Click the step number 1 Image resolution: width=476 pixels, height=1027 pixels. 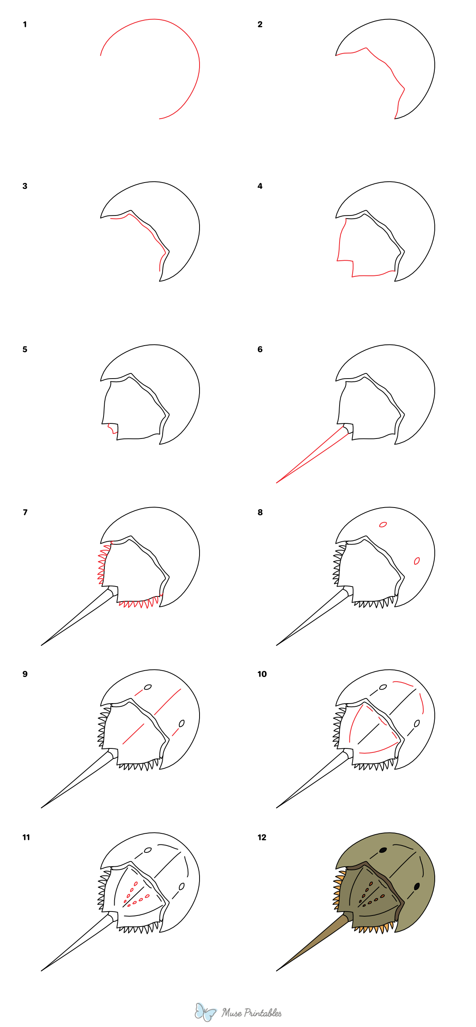[x=25, y=24]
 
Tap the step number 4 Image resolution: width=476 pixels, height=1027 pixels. [x=260, y=186]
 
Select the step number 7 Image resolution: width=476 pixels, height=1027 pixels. [x=25, y=512]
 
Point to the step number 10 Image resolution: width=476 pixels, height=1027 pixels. [x=262, y=674]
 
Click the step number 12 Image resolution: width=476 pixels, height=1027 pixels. [x=261, y=837]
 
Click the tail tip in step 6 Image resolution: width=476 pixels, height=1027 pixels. [x=277, y=483]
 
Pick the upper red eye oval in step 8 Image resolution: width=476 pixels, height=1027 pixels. [x=383, y=524]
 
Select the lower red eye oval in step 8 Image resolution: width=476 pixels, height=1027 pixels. [x=416, y=561]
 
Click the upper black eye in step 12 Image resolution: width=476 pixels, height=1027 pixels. [x=383, y=850]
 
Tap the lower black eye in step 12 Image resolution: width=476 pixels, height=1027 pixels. [x=417, y=886]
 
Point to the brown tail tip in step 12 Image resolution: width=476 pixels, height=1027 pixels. [x=277, y=970]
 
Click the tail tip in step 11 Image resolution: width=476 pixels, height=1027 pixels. [x=42, y=970]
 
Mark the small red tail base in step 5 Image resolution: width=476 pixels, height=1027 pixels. [x=113, y=428]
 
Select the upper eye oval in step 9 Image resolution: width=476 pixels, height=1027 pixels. [x=148, y=687]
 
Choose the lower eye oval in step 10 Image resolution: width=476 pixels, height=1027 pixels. [x=417, y=723]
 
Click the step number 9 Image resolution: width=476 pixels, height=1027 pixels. [x=25, y=674]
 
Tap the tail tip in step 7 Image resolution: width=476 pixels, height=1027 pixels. [x=42, y=645]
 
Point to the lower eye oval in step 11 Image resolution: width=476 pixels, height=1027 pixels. [x=182, y=886]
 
